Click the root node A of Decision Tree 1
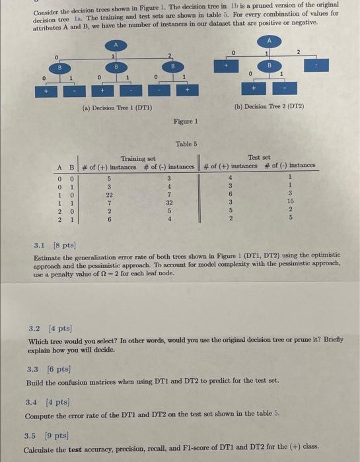(117, 45)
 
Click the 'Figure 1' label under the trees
(186, 122)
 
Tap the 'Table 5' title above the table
(186, 143)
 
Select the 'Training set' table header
(137, 158)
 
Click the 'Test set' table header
(258, 157)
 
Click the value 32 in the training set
(168, 202)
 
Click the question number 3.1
(40, 244)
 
